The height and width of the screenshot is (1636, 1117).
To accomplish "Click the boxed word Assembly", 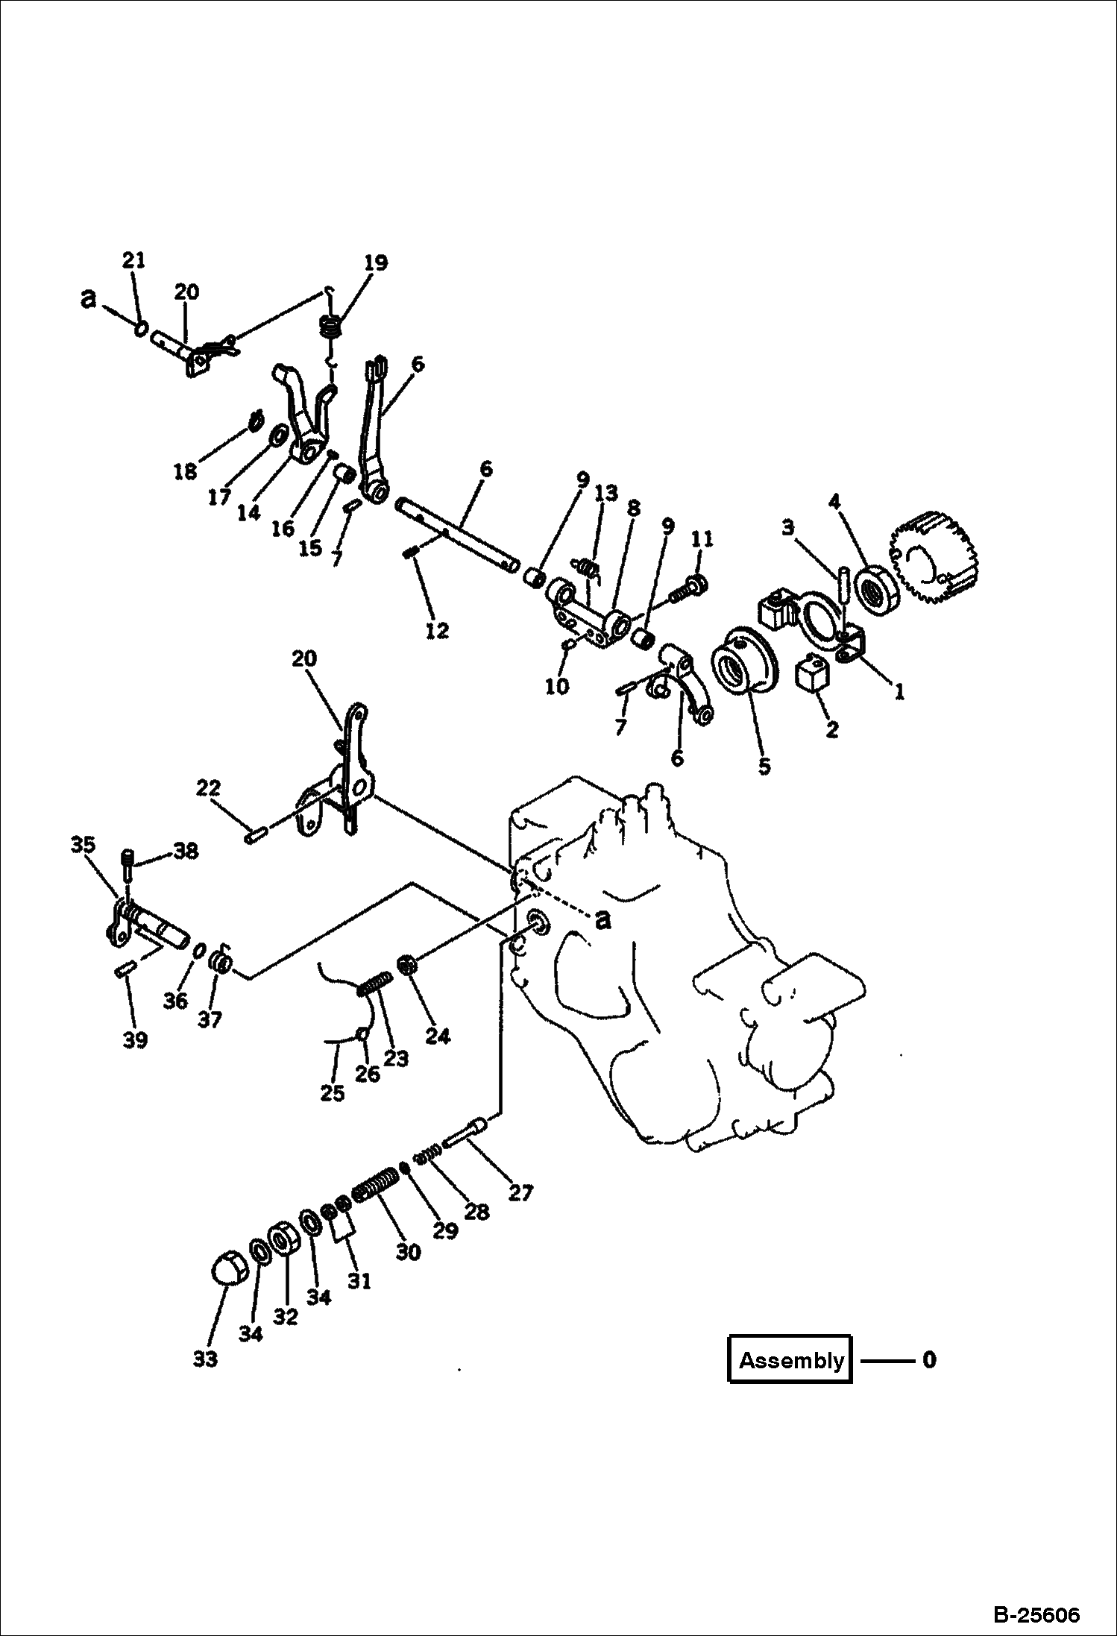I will [790, 1360].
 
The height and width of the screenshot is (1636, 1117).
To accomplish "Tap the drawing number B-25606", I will [1036, 1610].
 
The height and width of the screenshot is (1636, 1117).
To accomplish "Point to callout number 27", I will [520, 1193].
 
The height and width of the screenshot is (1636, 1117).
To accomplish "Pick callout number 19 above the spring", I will [376, 262].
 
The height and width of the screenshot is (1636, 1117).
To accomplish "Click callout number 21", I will [133, 260].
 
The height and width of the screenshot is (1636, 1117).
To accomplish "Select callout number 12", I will [437, 630].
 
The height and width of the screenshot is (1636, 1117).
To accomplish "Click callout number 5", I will [764, 766].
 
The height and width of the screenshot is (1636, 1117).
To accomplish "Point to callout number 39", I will [135, 1039].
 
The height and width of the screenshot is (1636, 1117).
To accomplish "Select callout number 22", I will [209, 787].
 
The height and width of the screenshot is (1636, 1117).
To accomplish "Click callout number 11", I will [702, 538].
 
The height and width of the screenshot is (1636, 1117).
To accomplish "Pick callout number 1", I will [899, 691].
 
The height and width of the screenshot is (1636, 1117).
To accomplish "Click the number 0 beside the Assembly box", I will [928, 1359].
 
